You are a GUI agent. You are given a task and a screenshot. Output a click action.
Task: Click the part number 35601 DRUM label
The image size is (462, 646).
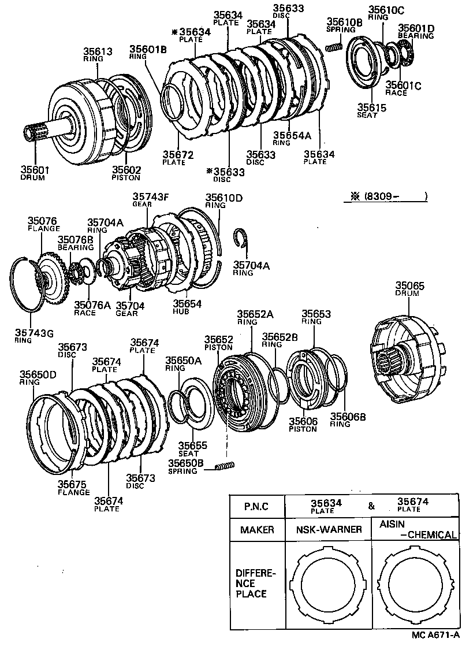coord(34,173)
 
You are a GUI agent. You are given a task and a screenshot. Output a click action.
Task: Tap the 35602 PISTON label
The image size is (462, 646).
coord(126,173)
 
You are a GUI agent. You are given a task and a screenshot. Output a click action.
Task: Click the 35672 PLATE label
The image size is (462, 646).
coord(177,158)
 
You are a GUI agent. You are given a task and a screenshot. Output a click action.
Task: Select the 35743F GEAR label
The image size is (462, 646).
coord(151,199)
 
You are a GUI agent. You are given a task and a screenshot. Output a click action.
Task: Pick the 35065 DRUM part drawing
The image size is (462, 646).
coord(407,361)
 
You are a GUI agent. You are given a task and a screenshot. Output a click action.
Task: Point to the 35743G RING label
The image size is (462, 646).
coord(34,336)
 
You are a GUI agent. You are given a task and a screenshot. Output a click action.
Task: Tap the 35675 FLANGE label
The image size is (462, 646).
coord(73,488)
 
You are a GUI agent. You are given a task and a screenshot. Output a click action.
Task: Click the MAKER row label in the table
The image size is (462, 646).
coord(257,529)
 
